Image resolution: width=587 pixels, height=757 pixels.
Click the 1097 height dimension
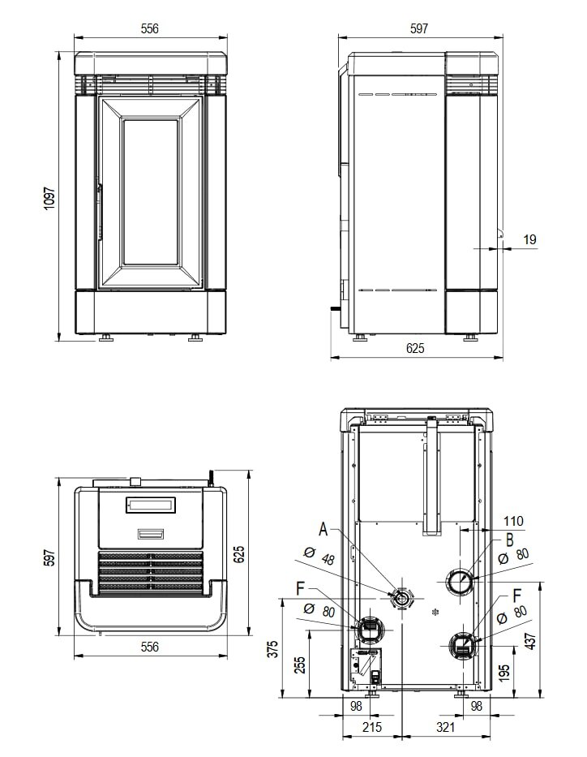[49, 199]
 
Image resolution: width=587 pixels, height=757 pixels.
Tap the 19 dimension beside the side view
[530, 239]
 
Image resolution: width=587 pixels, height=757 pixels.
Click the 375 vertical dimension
[272, 648]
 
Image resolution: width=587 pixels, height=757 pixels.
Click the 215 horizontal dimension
[371, 728]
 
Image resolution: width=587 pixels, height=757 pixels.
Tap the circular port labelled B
[460, 581]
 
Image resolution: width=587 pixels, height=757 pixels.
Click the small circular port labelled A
[401, 599]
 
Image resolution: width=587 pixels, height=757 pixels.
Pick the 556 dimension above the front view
[149, 28]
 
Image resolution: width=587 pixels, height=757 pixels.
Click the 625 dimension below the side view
[414, 348]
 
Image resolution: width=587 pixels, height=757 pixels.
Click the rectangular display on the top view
[150, 505]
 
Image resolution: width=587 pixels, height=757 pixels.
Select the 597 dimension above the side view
[418, 28]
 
